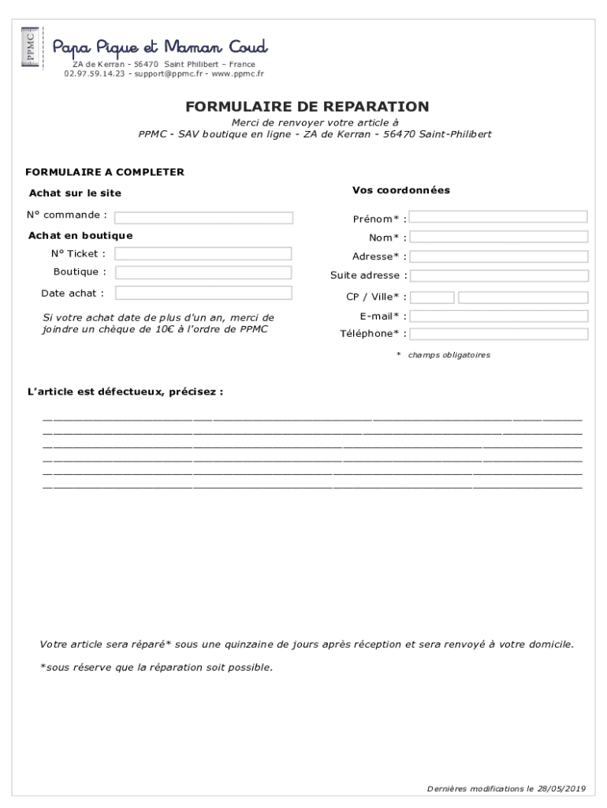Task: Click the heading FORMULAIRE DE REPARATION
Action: click(307, 107)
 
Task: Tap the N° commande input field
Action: click(204, 218)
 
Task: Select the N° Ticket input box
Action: click(203, 253)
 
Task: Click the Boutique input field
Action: click(203, 272)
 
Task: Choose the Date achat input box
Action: click(203, 293)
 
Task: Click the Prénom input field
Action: click(499, 217)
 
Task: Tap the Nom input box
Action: click(499, 237)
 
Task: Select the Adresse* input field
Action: click(499, 256)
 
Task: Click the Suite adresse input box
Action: click(499, 275)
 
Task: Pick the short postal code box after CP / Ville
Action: click(433, 297)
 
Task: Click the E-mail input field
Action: click(499, 316)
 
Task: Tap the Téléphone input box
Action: click(499, 334)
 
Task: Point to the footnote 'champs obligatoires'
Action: click(448, 355)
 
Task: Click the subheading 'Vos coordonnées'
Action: click(401, 190)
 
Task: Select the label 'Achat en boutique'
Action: click(80, 235)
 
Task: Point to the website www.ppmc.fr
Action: click(240, 73)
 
